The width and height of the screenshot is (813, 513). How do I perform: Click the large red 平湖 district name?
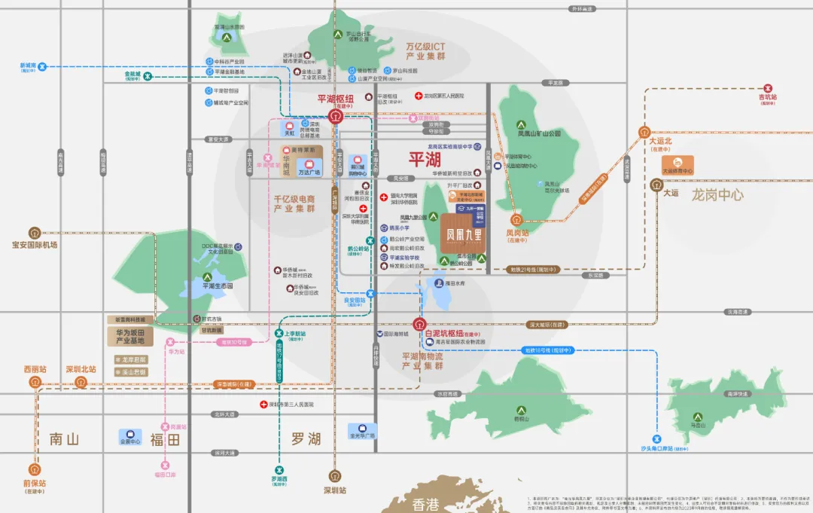click(424, 160)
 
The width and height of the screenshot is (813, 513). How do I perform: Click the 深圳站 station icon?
click(335, 476)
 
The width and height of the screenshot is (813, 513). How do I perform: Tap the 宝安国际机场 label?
click(35, 245)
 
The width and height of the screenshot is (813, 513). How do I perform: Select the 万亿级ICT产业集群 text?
click(425, 51)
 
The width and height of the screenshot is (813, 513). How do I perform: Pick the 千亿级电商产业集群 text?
click(294, 203)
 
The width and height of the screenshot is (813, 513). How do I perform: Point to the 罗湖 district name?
click(306, 439)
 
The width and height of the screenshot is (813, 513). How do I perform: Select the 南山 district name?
click(64, 439)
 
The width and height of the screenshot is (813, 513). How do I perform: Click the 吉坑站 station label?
click(768, 98)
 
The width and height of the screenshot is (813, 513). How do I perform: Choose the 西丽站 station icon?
click(35, 382)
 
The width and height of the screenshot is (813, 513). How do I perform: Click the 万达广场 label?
click(309, 172)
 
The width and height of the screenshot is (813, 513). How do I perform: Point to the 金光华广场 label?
click(362, 435)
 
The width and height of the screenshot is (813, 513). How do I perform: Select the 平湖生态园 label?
click(206, 286)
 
